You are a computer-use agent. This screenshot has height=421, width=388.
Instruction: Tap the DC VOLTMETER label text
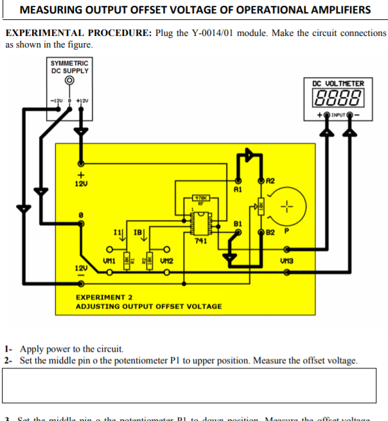[338, 83]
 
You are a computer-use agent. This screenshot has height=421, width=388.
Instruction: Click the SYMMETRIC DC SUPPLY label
[70, 67]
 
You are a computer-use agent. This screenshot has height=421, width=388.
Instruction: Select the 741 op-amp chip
[200, 220]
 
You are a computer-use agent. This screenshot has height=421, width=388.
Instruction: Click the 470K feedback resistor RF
[200, 199]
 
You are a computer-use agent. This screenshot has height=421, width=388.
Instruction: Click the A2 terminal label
[270, 182]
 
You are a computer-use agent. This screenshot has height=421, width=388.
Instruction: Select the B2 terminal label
[270, 231]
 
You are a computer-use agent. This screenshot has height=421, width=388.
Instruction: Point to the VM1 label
[109, 261]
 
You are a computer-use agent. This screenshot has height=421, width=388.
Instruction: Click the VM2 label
[165, 261]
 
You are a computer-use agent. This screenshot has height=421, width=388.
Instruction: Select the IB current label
[137, 231]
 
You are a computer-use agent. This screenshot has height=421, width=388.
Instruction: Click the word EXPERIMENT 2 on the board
[104, 297]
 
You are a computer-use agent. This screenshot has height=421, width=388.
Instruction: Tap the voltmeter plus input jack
[328, 116]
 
